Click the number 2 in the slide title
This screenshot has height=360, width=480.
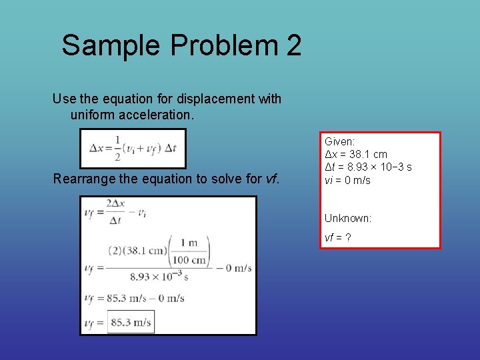pos(293,45)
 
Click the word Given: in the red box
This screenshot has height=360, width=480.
pos(339,141)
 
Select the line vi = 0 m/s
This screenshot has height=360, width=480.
pos(347,180)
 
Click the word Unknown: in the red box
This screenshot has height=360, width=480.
pos(348,219)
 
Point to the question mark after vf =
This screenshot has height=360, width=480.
pos(349,237)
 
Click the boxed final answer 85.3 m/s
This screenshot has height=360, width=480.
pos(131,323)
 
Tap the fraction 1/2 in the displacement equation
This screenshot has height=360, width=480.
pos(116,148)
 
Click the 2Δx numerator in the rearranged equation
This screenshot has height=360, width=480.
pos(117,204)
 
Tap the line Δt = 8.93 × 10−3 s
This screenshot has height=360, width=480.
pos(368,167)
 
